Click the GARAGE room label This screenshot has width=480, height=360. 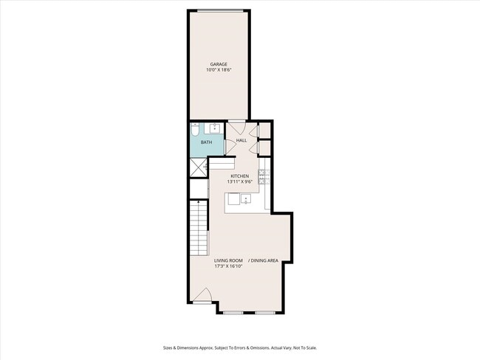pos(219,64)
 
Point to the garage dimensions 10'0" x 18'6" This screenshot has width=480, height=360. pos(219,70)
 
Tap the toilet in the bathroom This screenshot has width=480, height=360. pos(195,130)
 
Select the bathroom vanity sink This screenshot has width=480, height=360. pos(214,128)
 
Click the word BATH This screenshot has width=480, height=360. pos(206,142)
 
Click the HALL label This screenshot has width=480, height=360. pos(241,140)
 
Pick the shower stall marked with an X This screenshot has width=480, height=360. pos(199,167)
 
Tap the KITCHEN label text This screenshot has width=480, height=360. pos(240,176)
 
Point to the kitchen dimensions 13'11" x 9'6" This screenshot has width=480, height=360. pos(240,181)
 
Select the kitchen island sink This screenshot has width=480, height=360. pos(246,198)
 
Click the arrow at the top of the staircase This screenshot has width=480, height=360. pos(199,203)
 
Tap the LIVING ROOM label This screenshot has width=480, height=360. pos(228,260)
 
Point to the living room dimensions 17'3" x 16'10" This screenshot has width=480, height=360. pos(228,266)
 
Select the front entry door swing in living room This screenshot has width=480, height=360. pos(202,295)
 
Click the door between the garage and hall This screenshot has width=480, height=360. pos(237,127)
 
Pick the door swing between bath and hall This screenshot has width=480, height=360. pos(230,147)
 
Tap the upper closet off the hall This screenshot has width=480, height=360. pos(265,131)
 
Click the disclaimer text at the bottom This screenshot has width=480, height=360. pos(240,347)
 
